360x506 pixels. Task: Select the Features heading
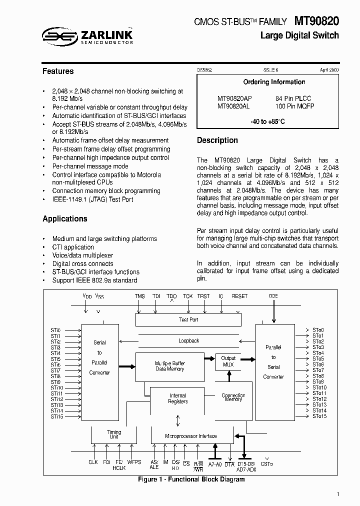click(58, 71)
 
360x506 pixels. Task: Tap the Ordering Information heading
click(274, 82)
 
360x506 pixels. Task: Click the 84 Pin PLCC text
click(294, 98)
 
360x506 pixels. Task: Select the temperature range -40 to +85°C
click(267, 121)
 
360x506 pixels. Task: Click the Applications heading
click(65, 219)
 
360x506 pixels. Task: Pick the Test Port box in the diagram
click(188, 319)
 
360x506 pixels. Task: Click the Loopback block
click(188, 340)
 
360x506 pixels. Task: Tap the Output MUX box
click(228, 361)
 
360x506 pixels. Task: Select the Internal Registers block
click(178, 398)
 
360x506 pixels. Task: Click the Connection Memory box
click(233, 397)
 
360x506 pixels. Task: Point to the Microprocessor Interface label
click(191, 436)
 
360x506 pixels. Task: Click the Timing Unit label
click(114, 434)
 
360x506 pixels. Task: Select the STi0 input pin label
click(55, 330)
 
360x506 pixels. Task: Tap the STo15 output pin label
click(319, 416)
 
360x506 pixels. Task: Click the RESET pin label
click(239, 296)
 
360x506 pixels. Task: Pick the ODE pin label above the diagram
click(273, 296)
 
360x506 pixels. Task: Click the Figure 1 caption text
click(191, 479)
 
